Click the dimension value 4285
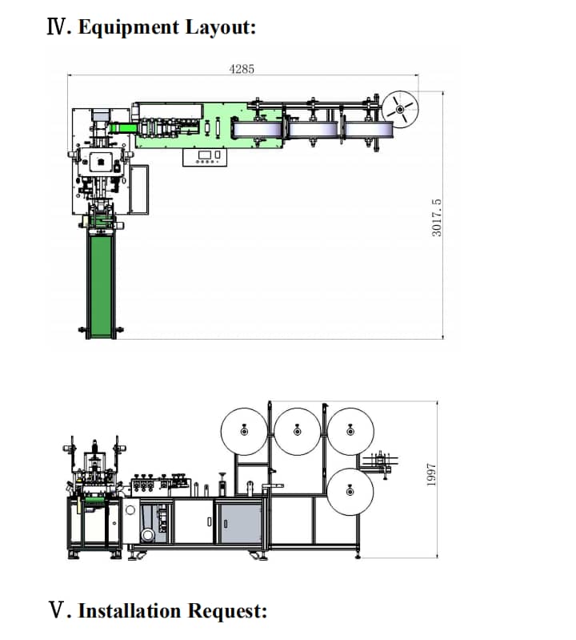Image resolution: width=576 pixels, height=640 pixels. tap(242, 69)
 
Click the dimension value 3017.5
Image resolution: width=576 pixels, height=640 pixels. tap(436, 218)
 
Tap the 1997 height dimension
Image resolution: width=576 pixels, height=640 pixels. tap(431, 475)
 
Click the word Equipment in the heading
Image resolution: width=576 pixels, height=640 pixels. tap(129, 28)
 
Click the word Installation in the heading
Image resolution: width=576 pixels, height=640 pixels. tap(130, 611)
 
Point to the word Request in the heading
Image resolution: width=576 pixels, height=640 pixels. tap(226, 612)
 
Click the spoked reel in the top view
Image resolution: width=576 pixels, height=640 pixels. tap(400, 109)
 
